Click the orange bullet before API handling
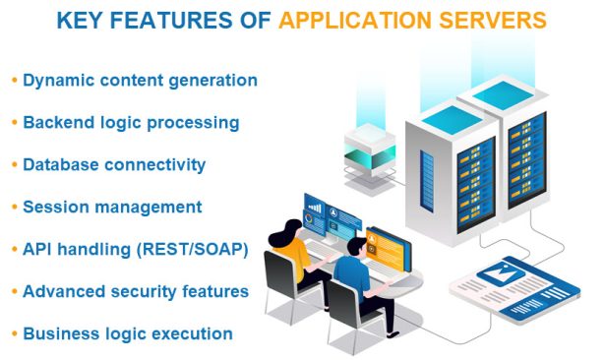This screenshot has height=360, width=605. pyautogui.click(x=14, y=249)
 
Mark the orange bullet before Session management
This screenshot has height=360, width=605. pyautogui.click(x=14, y=207)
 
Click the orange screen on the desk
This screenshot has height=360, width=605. pyautogui.click(x=385, y=245)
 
